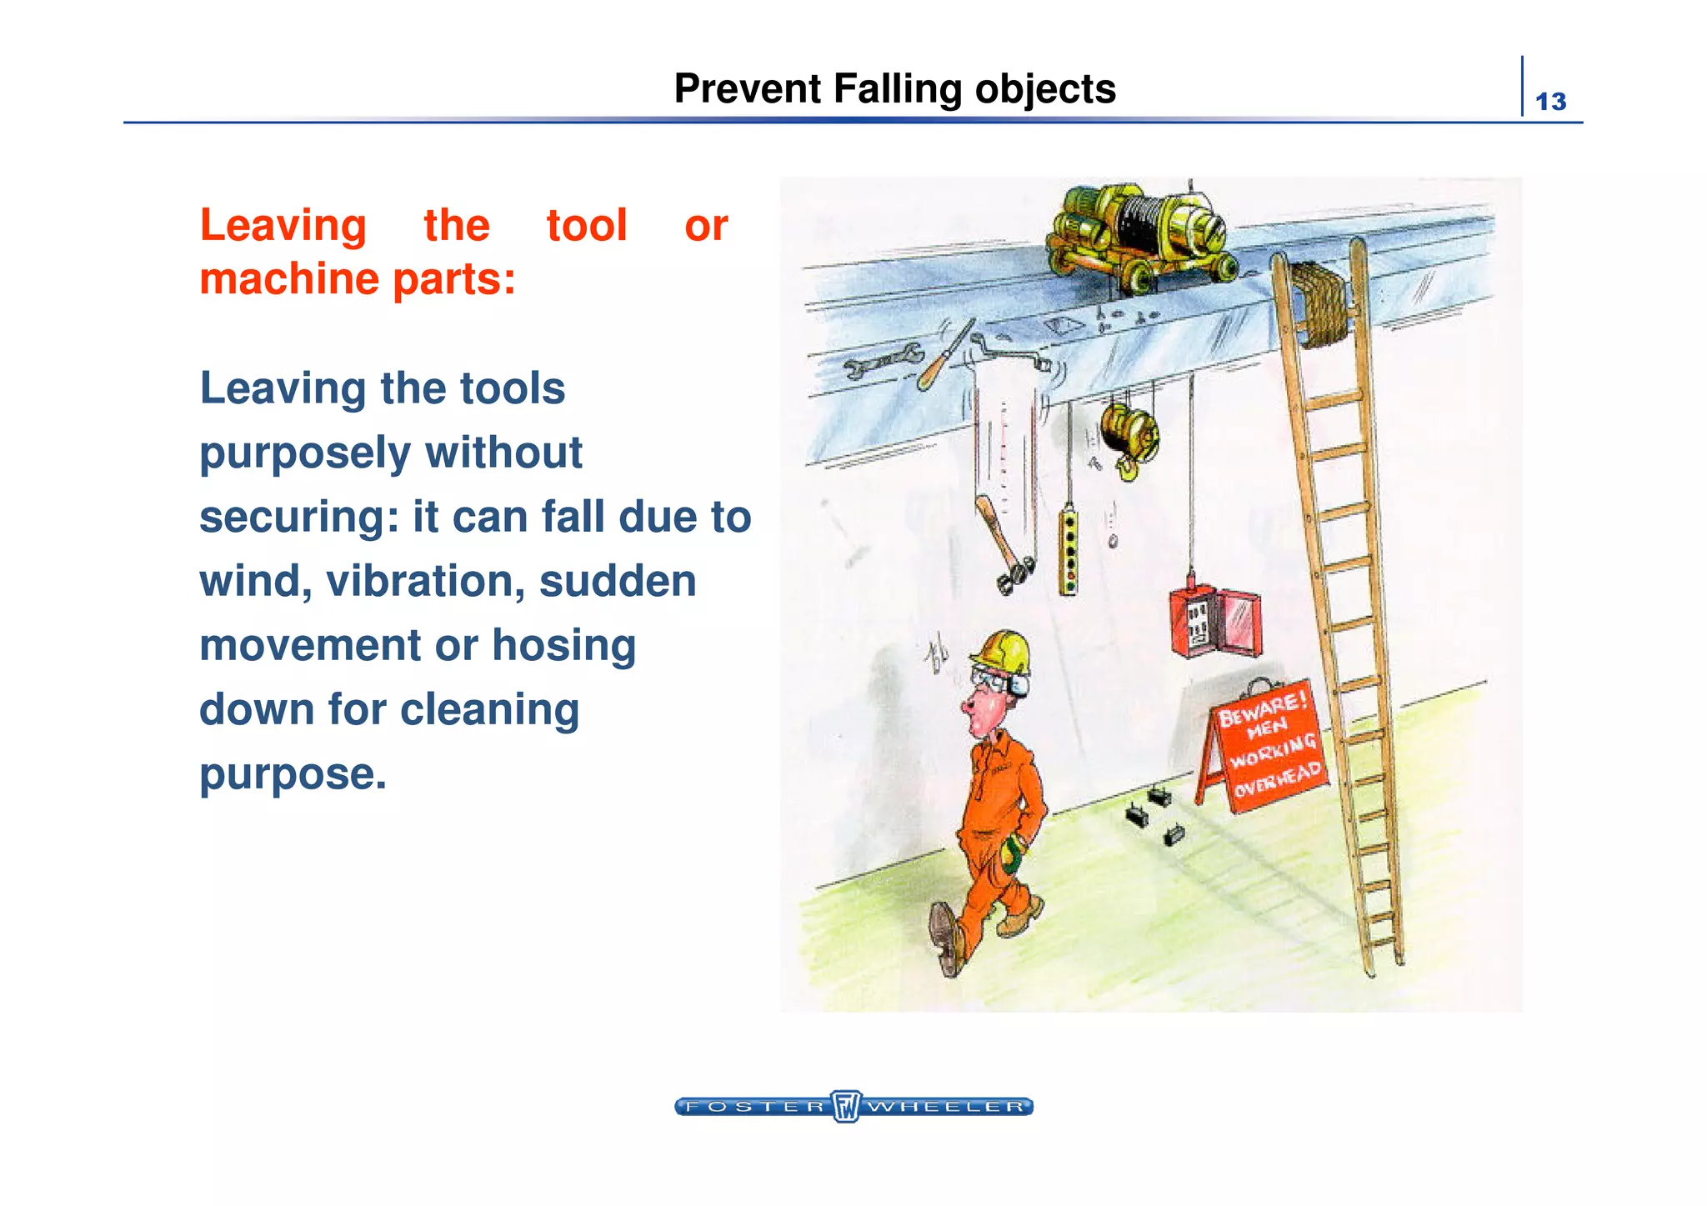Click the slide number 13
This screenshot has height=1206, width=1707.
[1550, 102]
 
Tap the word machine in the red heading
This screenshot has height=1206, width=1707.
[290, 278]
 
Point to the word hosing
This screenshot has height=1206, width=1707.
[563, 645]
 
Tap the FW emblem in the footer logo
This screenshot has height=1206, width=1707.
[846, 1106]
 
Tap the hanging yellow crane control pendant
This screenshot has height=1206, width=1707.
[1068, 550]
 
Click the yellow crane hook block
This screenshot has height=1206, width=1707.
[1129, 438]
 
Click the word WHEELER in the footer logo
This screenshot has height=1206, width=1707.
[946, 1107]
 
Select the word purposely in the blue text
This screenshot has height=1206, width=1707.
[306, 453]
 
